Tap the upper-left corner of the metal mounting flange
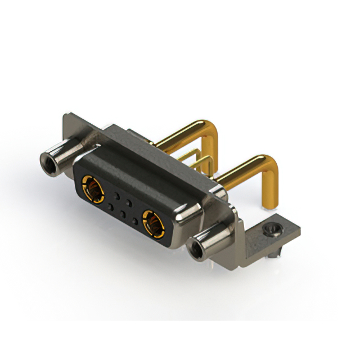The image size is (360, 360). (66, 116)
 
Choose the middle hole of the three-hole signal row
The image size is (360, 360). (123, 215)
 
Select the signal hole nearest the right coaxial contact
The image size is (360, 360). (135, 221)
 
